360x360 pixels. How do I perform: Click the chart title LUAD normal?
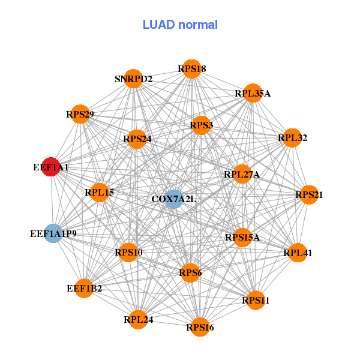pyautogui.click(x=180, y=25)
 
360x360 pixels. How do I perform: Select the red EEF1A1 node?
pyautogui.click(x=51, y=167)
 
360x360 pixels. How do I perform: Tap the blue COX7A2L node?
pyautogui.click(x=173, y=199)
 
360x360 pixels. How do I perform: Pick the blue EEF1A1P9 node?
pyautogui.click(x=53, y=233)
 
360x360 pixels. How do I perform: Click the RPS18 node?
pyautogui.click(x=191, y=69)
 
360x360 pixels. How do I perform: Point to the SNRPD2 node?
pyautogui.click(x=134, y=79)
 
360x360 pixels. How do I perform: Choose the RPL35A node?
pyautogui.click(x=253, y=93)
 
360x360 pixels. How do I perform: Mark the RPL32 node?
pyautogui.click(x=292, y=138)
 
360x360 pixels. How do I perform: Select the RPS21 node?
pyautogui.click(x=309, y=194)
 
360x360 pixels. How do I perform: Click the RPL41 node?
pyautogui.click(x=298, y=253)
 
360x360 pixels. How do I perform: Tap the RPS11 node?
pyautogui.click(x=256, y=299)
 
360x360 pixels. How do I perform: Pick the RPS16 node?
pyautogui.click(x=200, y=327)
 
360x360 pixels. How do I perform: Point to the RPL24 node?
pyautogui.click(x=139, y=319)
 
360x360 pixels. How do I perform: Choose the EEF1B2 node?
pyautogui.click(x=84, y=289)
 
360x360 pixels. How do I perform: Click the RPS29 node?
pyautogui.click(x=80, y=114)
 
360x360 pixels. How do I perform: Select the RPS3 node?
pyautogui.click(x=202, y=125)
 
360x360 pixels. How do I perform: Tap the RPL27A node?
pyautogui.click(x=242, y=174)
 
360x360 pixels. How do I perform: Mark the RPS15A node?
pyautogui.click(x=242, y=238)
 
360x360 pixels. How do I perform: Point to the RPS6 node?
pyautogui.click(x=190, y=273)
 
